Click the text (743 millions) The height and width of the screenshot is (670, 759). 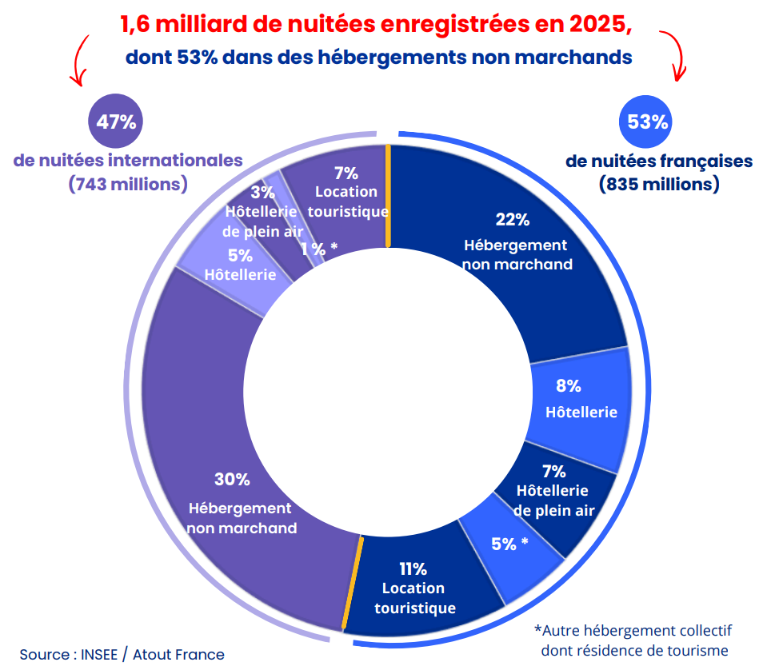(128, 184)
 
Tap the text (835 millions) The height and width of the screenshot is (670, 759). (659, 184)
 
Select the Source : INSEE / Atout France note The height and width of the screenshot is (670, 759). (122, 654)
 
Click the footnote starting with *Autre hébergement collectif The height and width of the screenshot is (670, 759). (633, 640)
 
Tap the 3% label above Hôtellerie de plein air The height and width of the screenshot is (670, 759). (262, 192)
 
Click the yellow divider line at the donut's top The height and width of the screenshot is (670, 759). (389, 196)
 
